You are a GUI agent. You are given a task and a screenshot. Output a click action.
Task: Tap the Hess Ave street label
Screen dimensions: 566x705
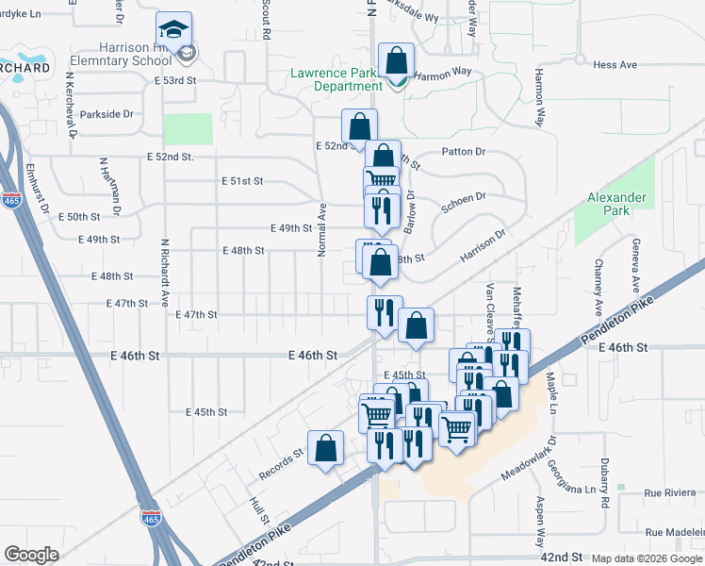(615, 65)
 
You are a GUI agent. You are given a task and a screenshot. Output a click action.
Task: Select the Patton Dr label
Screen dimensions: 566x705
(463, 151)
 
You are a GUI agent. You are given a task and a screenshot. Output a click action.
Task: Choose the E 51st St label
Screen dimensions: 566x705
(241, 180)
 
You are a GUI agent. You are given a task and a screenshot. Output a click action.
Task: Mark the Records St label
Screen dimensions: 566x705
(282, 454)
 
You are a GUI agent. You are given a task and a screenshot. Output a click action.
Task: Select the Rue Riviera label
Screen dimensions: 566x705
(667, 492)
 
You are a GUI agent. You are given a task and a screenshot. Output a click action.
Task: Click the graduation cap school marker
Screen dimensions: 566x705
(174, 30)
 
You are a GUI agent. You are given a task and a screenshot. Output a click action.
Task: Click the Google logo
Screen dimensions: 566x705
(31, 555)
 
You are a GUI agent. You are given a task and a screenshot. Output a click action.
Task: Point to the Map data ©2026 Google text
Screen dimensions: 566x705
(646, 558)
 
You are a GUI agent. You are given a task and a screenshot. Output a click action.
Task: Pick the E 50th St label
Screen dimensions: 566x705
(78, 216)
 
